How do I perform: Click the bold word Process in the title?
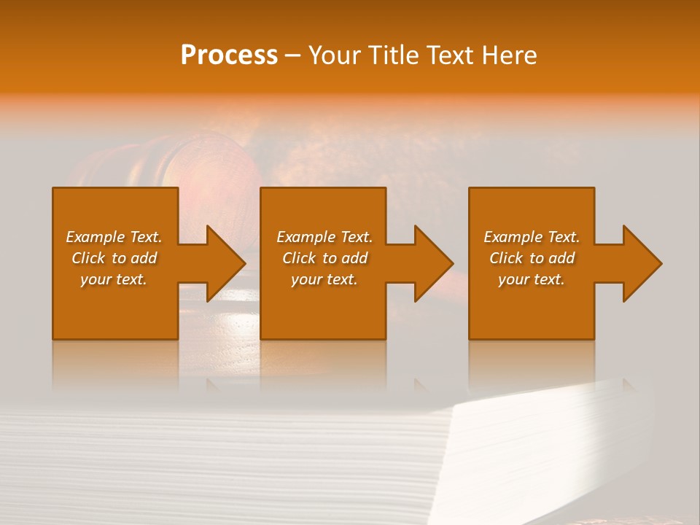(229, 55)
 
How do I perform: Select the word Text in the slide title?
(450, 55)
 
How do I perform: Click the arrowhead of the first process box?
(226, 263)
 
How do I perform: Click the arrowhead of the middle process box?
(434, 263)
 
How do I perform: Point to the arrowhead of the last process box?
(642, 263)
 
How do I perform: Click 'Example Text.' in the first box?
(114, 237)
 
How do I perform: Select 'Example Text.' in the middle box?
(324, 237)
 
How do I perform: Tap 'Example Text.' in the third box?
(532, 237)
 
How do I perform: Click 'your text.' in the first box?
(114, 279)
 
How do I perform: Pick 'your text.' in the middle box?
(324, 279)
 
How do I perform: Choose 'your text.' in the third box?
(532, 279)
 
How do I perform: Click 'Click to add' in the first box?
(114, 258)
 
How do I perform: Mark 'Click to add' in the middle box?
(324, 258)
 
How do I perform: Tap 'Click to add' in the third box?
(532, 258)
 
